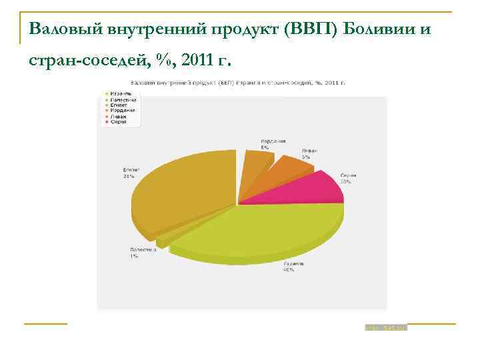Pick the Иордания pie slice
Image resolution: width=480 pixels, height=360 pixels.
coord(255,161)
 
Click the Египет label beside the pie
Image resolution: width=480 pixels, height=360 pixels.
coord(131,173)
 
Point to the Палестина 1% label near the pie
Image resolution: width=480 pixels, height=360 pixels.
coord(143,253)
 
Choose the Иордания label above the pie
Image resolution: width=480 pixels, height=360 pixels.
coord(273,143)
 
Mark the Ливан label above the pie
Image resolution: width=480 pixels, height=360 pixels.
coord(309,153)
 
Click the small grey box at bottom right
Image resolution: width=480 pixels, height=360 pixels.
coord(385,328)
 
